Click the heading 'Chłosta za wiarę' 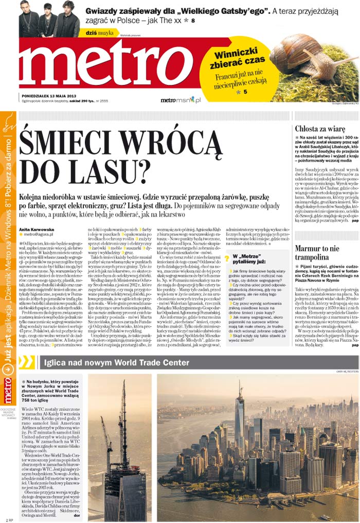pos(320,129)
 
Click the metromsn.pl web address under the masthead pos(180,100)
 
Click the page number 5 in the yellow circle pos(246,92)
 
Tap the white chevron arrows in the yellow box pos(26,362)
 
